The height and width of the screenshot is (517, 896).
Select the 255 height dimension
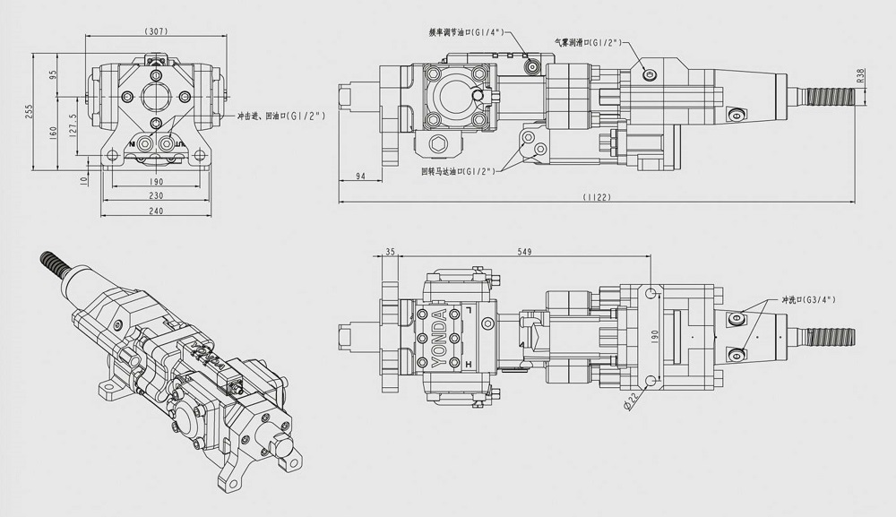point(29,110)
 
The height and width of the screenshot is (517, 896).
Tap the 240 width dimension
point(156,211)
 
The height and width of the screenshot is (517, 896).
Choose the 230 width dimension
point(156,195)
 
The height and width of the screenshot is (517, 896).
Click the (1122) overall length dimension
point(596,197)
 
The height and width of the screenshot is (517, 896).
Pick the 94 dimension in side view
point(361,176)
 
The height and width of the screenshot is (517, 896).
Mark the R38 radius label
point(861,76)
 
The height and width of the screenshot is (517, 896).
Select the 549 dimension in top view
point(524,253)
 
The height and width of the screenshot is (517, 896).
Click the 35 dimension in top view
point(390,253)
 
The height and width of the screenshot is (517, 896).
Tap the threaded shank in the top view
point(830,337)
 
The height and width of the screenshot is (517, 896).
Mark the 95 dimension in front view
point(53,75)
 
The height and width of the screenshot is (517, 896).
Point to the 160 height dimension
point(53,131)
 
